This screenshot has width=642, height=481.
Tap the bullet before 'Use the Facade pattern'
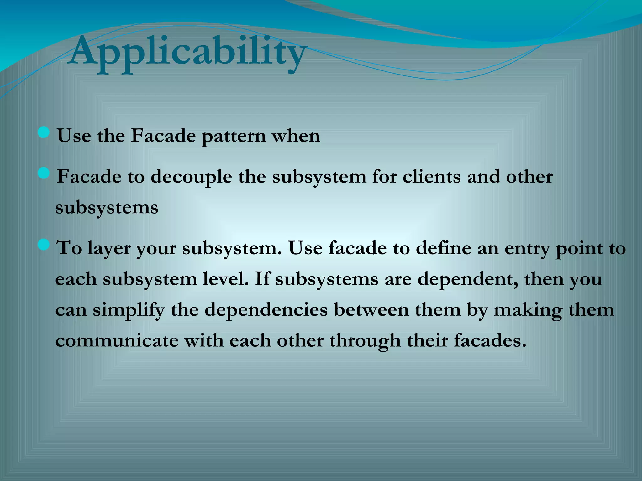click(x=44, y=132)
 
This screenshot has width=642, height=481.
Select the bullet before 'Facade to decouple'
click(x=44, y=173)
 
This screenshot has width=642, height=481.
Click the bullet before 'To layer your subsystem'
click(x=44, y=245)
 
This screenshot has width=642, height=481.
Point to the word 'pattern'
click(x=234, y=137)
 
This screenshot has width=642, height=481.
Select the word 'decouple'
click(x=192, y=178)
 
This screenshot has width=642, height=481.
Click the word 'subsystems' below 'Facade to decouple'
click(x=107, y=208)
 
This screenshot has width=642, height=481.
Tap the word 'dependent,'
click(x=467, y=279)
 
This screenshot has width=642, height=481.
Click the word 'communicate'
click(x=117, y=341)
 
